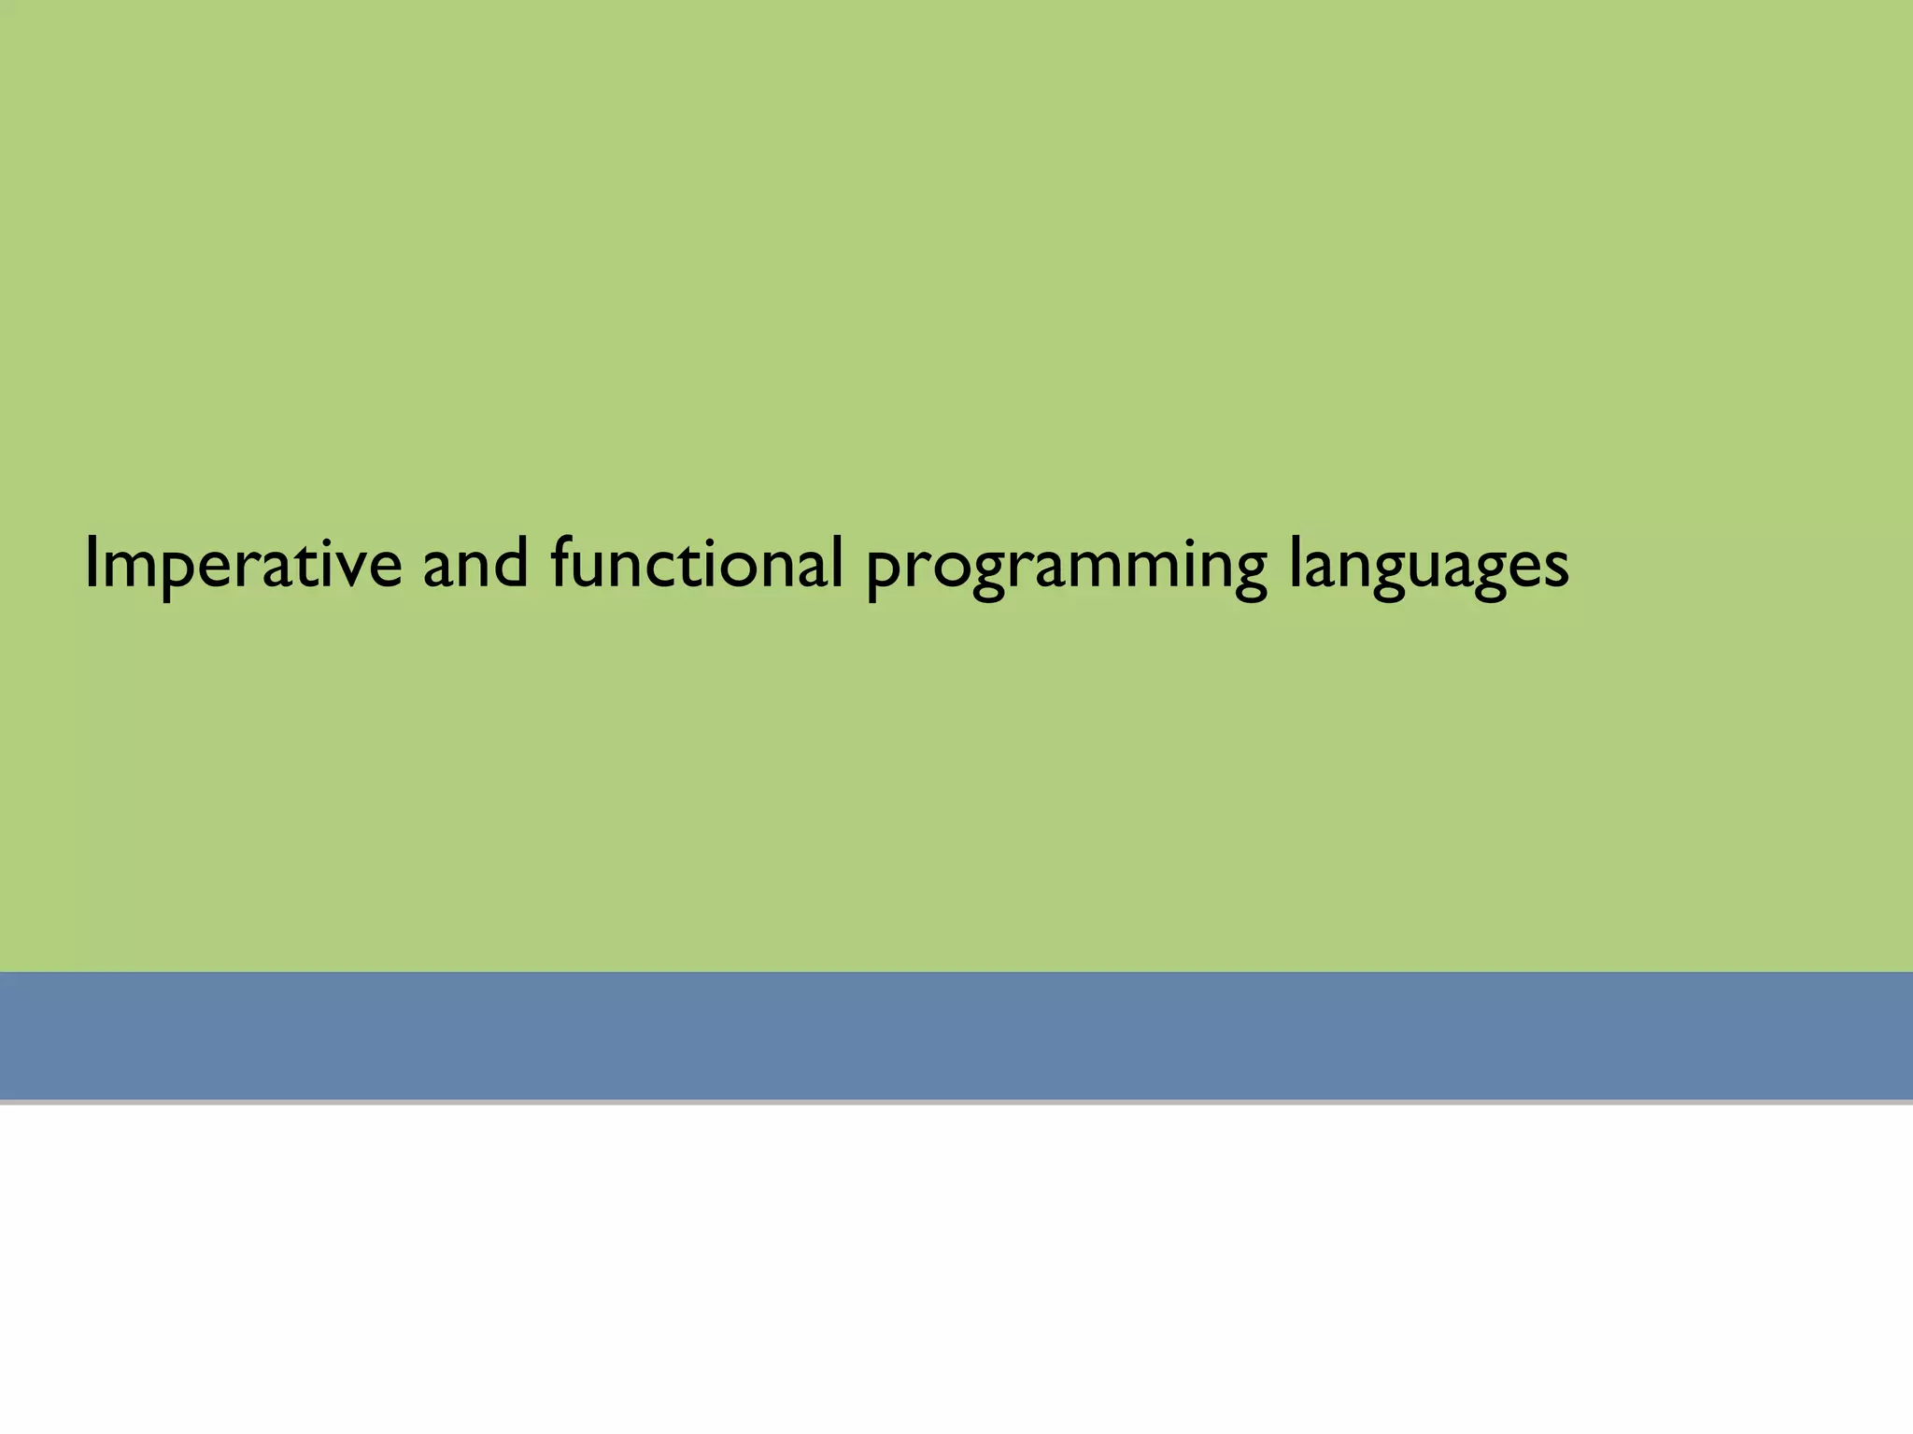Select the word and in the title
click(x=475, y=564)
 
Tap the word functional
click(x=697, y=564)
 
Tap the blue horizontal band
click(x=956, y=1035)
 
